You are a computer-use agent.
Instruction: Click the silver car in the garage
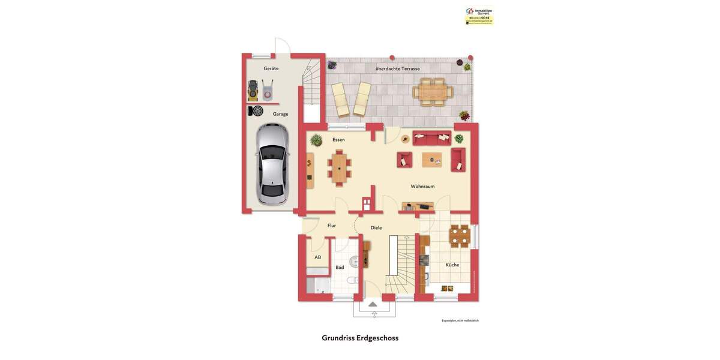pos(272,164)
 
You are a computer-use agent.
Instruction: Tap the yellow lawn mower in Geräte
pos(253,91)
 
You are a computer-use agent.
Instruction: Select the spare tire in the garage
pos(257,111)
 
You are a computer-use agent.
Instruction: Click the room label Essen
pos(338,140)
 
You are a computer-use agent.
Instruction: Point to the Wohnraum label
pos(422,187)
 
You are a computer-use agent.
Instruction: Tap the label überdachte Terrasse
pos(397,68)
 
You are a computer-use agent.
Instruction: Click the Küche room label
pos(452,265)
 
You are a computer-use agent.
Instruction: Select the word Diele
pos(376,228)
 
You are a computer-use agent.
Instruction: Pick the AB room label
pos(317,257)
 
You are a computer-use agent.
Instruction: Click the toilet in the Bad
pos(352,280)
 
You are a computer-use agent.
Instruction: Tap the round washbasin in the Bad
pos(355,261)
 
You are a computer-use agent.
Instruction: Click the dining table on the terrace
pos(432,92)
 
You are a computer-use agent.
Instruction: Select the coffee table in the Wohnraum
pos(431,160)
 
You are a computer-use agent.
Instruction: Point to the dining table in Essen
pos(340,167)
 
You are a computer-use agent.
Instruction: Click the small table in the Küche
pos(460,235)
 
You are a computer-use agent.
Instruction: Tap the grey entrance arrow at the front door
pos(373,304)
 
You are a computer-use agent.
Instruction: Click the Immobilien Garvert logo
pos(479,15)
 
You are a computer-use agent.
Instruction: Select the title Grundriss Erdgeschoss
pos(360,338)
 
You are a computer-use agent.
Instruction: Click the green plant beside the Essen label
pos(316,140)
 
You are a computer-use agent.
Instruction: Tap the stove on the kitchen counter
pos(424,260)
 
